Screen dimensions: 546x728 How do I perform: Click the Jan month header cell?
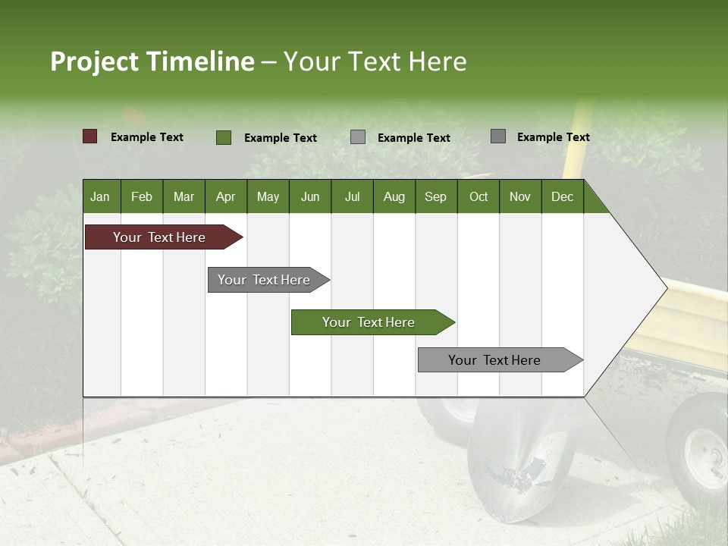tap(101, 196)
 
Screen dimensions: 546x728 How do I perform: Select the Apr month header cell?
tap(226, 196)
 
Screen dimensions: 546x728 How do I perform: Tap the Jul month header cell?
tap(352, 196)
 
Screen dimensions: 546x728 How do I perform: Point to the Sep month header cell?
tap(436, 196)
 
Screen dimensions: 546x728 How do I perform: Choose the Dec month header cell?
tap(562, 196)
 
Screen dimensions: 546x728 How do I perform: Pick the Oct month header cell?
tap(479, 196)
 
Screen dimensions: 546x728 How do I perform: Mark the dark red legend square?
tap(90, 136)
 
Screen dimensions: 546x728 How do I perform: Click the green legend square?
tap(224, 137)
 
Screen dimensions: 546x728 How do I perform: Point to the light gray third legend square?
tap(358, 137)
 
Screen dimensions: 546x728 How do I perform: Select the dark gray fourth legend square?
tap(498, 136)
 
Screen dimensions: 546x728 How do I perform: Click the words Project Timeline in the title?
tap(152, 61)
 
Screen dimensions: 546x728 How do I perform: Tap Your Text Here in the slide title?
tap(375, 61)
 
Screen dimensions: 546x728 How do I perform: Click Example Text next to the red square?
tap(147, 137)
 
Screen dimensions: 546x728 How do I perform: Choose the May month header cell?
tap(268, 196)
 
